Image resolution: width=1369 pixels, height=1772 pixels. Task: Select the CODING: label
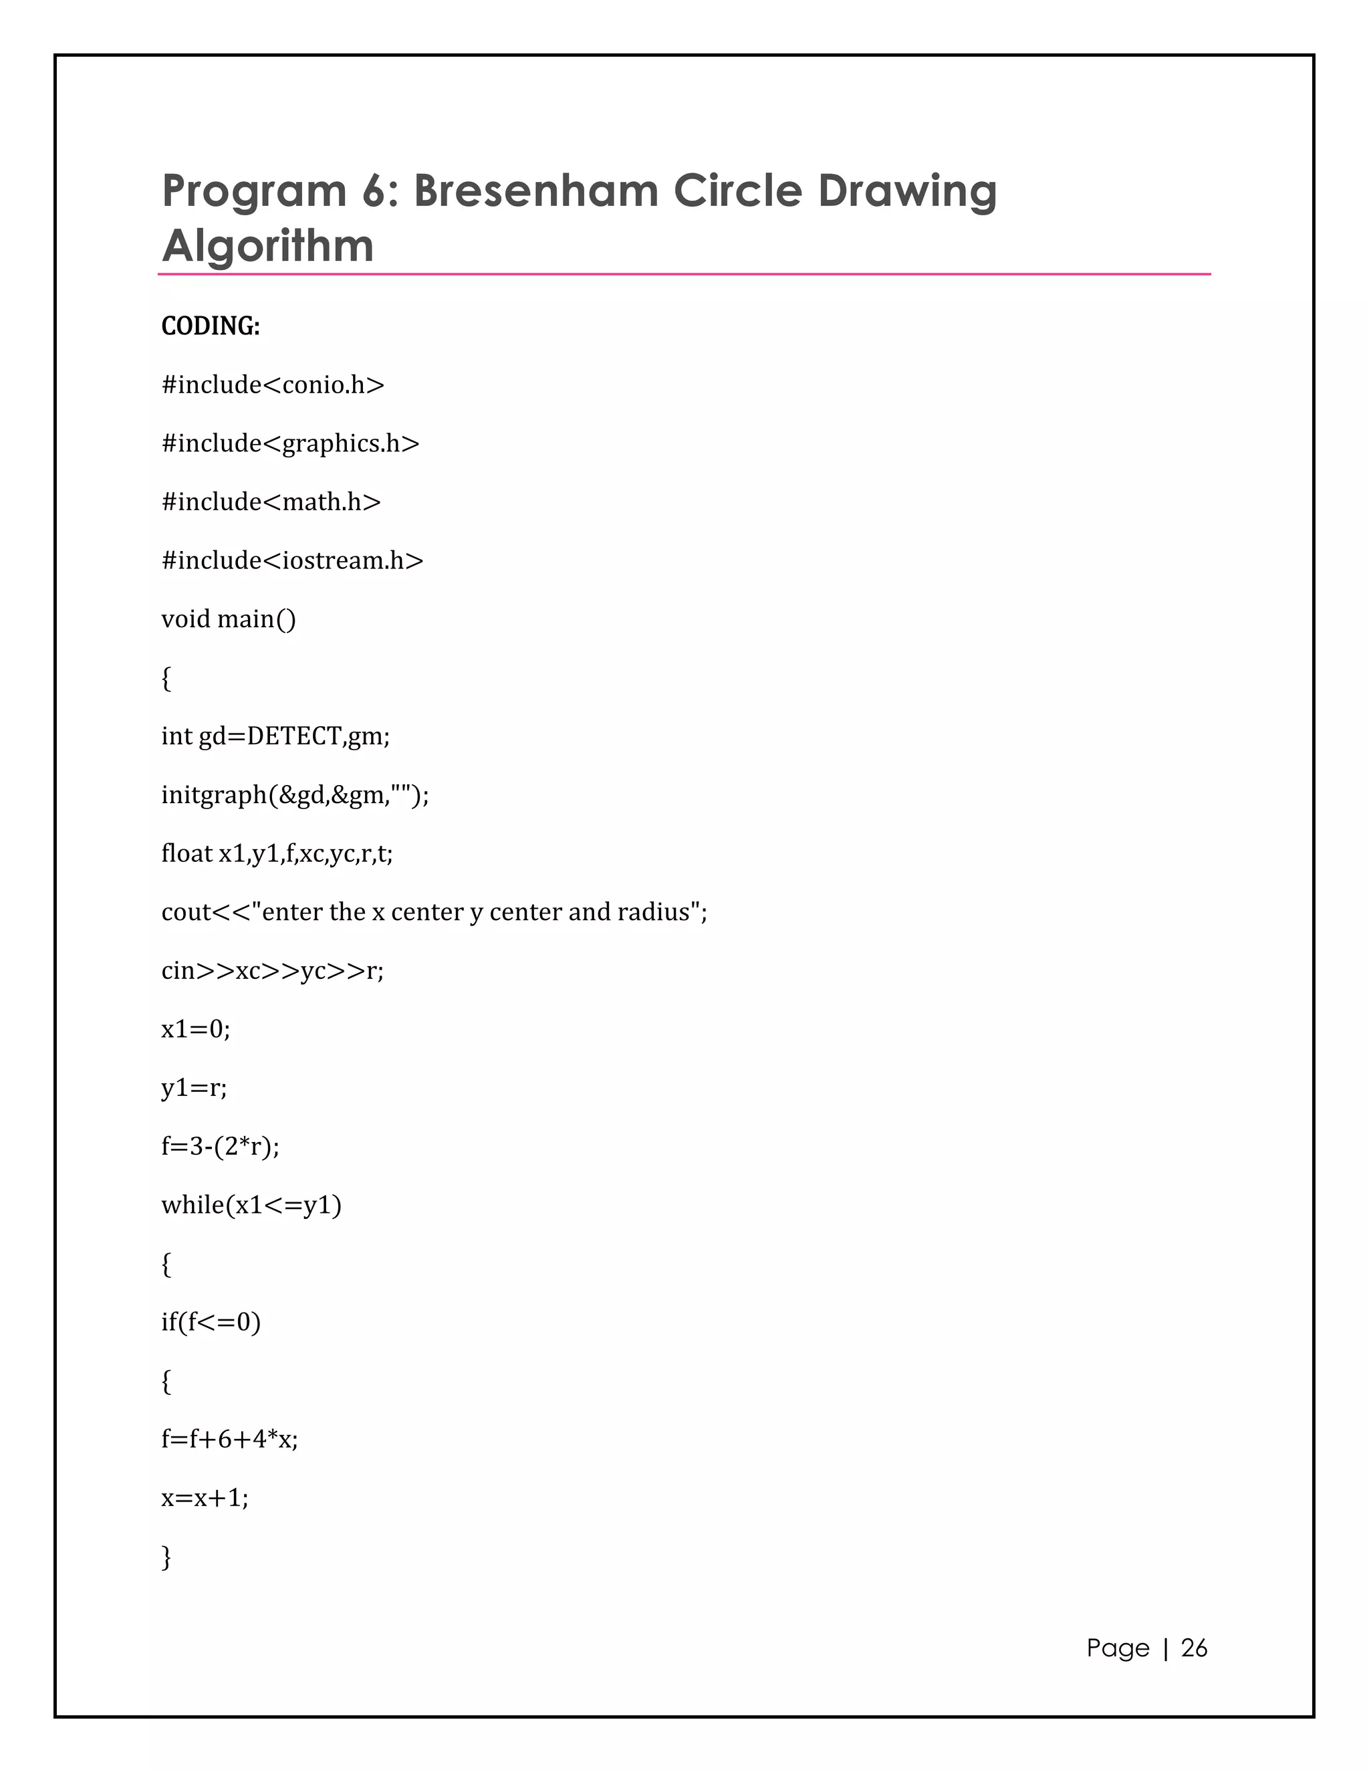(x=211, y=326)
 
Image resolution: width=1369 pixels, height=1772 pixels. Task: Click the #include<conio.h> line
(x=273, y=384)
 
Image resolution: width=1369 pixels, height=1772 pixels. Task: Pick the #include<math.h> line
(x=271, y=502)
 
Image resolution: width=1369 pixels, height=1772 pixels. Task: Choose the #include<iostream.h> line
(x=292, y=560)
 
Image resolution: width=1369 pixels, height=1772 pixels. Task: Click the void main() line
(x=229, y=619)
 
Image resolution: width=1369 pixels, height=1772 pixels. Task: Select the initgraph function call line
(x=294, y=794)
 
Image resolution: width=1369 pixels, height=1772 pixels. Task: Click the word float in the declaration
(x=186, y=853)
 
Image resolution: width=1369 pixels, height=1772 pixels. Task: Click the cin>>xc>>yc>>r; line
(x=273, y=970)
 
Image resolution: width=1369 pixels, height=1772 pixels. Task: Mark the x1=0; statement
(x=195, y=1029)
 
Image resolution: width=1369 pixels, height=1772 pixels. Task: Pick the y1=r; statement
(x=194, y=1088)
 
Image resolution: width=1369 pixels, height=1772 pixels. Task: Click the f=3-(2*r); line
(x=220, y=1146)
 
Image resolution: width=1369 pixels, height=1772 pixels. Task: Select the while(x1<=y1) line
(x=251, y=1205)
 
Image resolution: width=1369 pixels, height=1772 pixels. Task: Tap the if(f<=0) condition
(x=211, y=1323)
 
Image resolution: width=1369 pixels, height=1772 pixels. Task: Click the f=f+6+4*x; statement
(x=229, y=1440)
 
